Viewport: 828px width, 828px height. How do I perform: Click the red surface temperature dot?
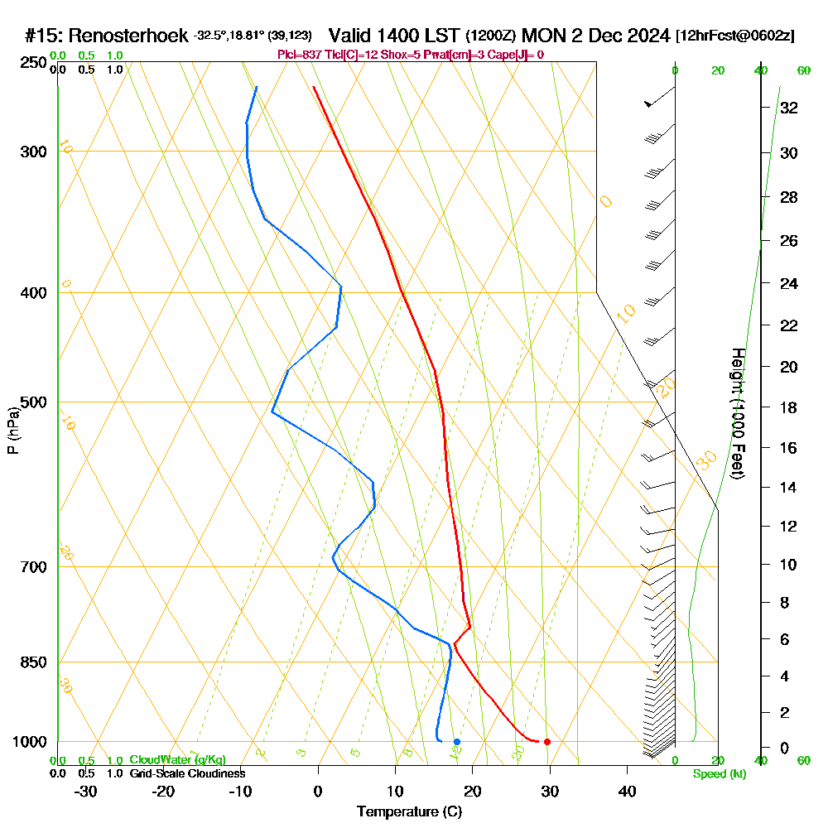[546, 742]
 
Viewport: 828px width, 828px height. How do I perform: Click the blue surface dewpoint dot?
[456, 742]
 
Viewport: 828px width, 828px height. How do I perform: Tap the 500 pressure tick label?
[31, 402]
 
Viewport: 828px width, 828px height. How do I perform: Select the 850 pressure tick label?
[31, 662]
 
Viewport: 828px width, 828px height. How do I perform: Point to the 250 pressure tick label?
[31, 62]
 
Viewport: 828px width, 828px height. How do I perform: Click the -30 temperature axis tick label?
[85, 792]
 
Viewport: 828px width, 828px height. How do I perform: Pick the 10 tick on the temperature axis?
[395, 792]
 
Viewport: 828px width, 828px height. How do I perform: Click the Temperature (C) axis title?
[409, 812]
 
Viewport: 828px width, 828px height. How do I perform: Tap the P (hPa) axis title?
[12, 431]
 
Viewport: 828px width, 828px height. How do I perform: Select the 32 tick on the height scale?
[788, 108]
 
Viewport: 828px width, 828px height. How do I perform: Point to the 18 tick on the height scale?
[788, 407]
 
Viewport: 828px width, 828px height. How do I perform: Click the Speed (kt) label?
[720, 774]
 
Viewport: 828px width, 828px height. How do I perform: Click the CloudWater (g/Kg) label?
[177, 760]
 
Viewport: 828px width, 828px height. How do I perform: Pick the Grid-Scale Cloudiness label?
[187, 773]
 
